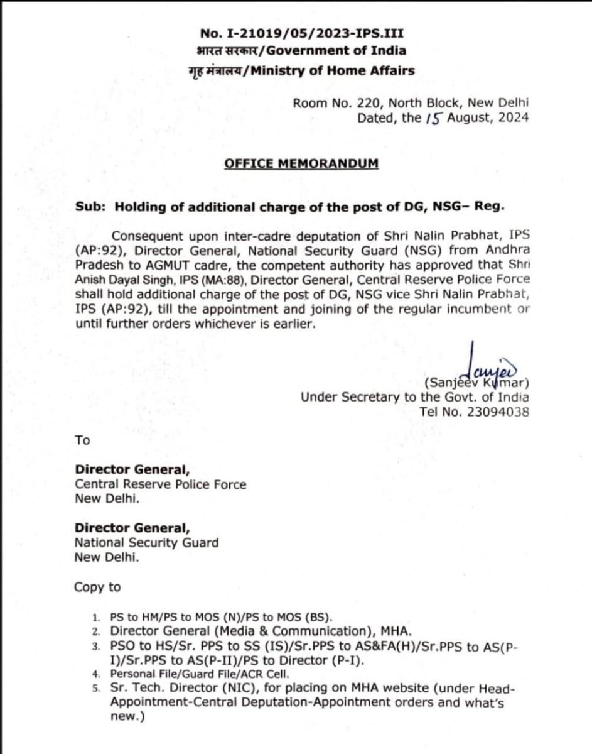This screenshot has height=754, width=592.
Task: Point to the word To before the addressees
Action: [x=82, y=440]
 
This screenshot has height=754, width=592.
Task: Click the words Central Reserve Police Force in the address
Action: [x=161, y=484]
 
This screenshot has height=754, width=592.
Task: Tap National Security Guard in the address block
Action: [x=147, y=542]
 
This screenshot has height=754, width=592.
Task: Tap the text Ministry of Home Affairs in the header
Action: [x=332, y=70]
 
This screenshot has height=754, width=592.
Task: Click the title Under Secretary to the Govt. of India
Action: [x=414, y=397]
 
